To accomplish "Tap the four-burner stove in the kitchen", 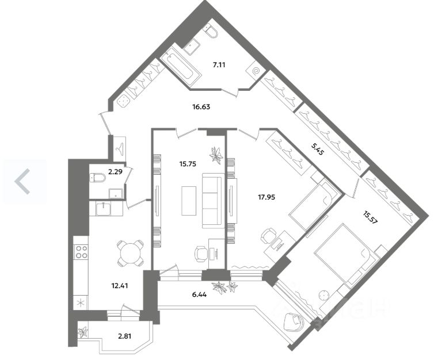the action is point(82,251).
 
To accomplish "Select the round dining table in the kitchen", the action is point(131,252).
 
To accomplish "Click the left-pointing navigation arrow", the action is point(22,181).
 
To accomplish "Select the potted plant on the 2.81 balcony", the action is point(83,332).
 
